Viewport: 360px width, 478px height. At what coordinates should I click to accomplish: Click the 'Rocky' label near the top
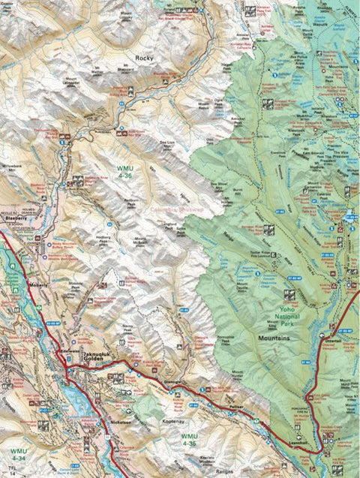tap(143, 57)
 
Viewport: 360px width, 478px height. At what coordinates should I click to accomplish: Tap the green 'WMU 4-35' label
tap(190, 439)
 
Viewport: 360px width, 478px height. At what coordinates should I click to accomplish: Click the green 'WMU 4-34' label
tap(19, 453)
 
